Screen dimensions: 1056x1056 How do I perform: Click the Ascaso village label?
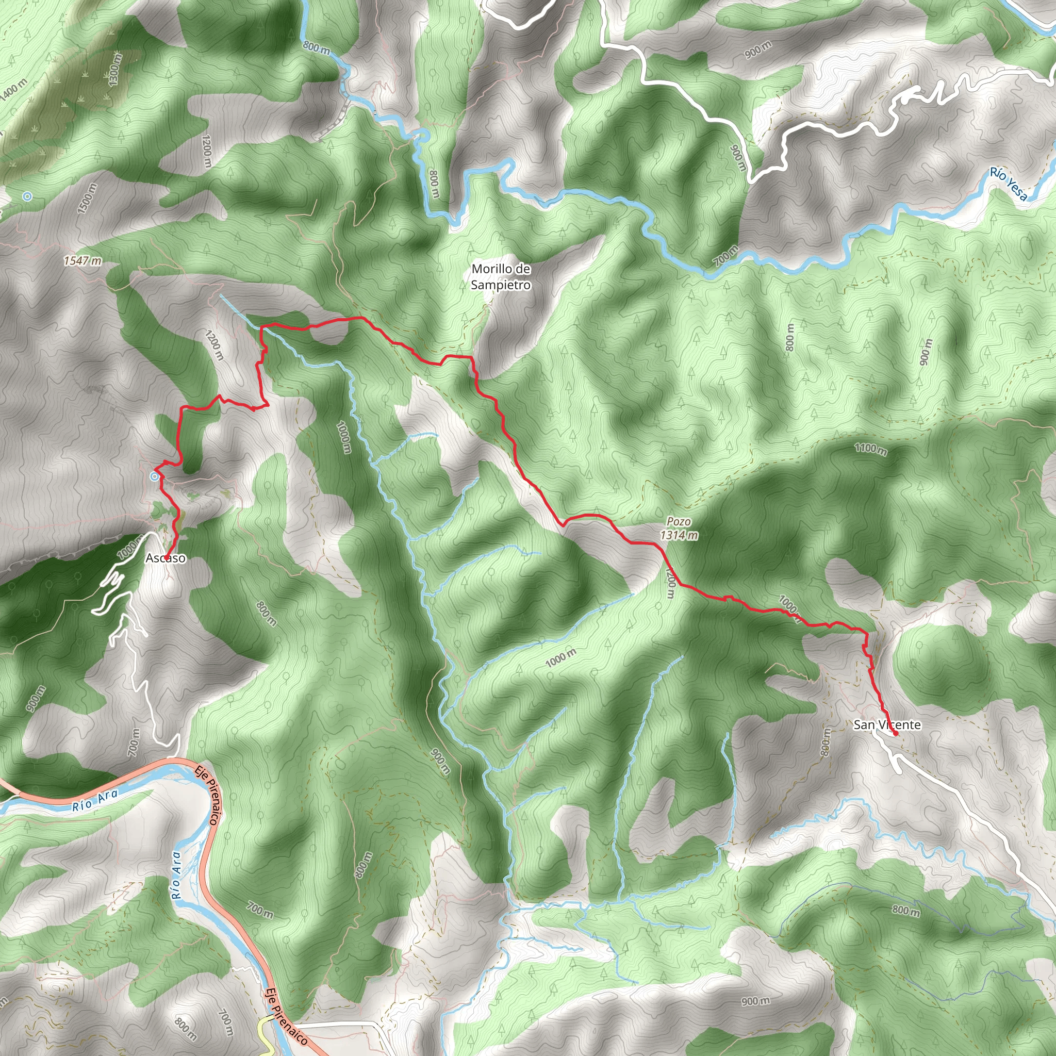166,558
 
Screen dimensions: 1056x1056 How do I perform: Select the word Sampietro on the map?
501,285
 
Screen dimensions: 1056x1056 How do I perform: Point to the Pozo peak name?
679,522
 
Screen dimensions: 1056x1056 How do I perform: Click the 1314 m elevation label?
679,535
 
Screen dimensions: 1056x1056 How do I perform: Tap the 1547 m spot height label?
82,261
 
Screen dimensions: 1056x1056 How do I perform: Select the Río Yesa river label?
1009,184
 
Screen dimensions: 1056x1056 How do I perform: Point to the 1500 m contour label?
88,199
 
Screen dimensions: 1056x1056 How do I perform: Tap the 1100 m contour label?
871,449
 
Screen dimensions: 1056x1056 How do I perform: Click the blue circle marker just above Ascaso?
155,476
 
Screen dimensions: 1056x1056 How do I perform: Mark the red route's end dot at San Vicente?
896,734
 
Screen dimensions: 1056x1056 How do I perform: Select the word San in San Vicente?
864,725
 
